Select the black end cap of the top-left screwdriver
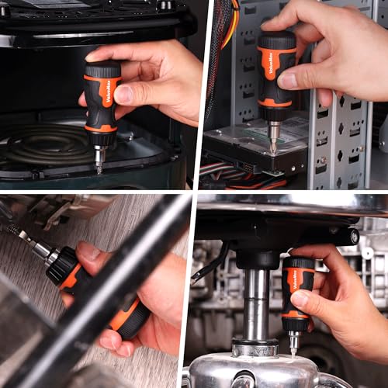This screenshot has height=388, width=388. (103, 69)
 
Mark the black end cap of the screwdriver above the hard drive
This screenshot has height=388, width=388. (276, 40)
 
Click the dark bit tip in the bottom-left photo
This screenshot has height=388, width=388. (12, 228)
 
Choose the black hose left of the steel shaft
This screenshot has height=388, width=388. (208, 264)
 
